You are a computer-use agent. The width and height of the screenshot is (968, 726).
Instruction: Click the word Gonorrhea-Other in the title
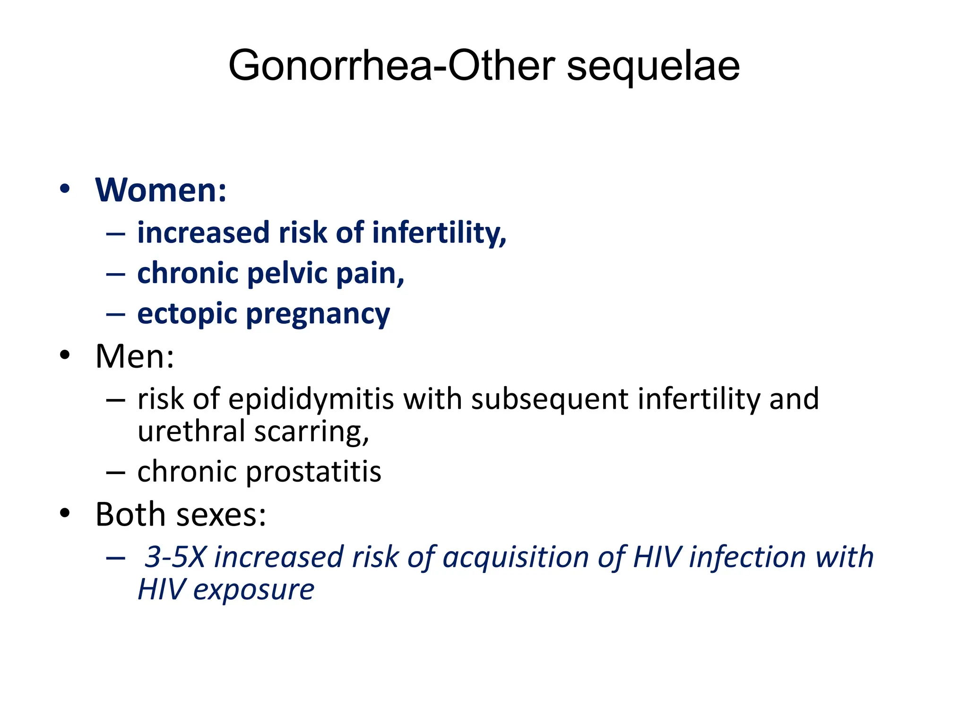[x=391, y=66]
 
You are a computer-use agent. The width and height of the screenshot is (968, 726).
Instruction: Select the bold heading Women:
[x=161, y=190]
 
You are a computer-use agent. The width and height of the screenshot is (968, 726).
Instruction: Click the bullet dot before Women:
[x=65, y=189]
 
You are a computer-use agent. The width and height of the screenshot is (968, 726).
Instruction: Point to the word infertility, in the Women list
[x=439, y=233]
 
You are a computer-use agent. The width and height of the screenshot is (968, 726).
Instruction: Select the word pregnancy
[x=318, y=315]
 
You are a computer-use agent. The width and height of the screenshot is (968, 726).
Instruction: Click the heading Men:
[x=135, y=356]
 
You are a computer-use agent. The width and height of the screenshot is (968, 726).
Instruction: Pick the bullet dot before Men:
[x=65, y=355]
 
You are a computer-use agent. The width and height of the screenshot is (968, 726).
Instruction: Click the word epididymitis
[x=311, y=399]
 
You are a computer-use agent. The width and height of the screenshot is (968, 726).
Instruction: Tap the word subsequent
[x=550, y=399]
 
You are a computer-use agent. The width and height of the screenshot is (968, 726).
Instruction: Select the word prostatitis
[x=314, y=472]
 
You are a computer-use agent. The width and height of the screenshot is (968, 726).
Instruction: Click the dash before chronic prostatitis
[x=115, y=472]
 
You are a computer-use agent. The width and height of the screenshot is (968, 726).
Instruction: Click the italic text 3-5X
[x=175, y=557]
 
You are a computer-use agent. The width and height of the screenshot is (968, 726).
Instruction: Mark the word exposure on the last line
[x=254, y=590]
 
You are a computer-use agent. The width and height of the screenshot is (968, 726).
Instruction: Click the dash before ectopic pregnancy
[x=115, y=314]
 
